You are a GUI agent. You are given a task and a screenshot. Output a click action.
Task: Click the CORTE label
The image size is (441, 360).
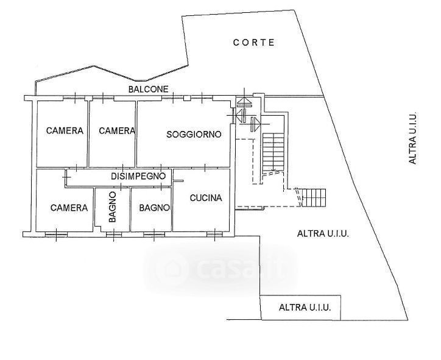pyautogui.click(x=254, y=43)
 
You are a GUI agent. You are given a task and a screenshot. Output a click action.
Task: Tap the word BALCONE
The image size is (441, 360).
pyautogui.click(x=149, y=89)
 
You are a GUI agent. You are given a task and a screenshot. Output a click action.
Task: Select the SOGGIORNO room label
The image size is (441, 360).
pyautogui.click(x=194, y=134)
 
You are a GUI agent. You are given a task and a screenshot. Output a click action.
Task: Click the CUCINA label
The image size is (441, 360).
pyautogui.click(x=206, y=197)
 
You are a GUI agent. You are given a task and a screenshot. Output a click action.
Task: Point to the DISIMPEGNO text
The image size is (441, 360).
pyautogui.click(x=139, y=175)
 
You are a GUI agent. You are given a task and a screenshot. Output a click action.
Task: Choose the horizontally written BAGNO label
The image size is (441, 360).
pyautogui.click(x=154, y=208)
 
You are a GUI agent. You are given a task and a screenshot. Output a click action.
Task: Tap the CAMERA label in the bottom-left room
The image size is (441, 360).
pyautogui.click(x=69, y=208)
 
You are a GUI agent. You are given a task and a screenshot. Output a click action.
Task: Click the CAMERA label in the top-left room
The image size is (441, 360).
pyautogui.click(x=65, y=130)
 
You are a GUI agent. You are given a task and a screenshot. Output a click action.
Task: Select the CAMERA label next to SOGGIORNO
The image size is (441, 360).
pyautogui.click(x=116, y=130)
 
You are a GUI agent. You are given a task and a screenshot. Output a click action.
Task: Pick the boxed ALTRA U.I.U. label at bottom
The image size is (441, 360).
pyautogui.click(x=305, y=308)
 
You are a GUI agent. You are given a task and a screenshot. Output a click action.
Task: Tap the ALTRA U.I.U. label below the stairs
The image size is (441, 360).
pyautogui.click(x=322, y=233)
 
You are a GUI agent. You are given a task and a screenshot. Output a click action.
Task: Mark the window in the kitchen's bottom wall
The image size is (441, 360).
pyautogui.click(x=215, y=233)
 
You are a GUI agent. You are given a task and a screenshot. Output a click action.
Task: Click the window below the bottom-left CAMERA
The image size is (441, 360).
pyautogui.click(x=57, y=233)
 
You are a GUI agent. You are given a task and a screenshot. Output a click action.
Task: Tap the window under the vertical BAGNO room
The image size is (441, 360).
pyautogui.click(x=112, y=233)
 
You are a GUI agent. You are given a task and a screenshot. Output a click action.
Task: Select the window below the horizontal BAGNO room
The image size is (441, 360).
pyautogui.click(x=153, y=233)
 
